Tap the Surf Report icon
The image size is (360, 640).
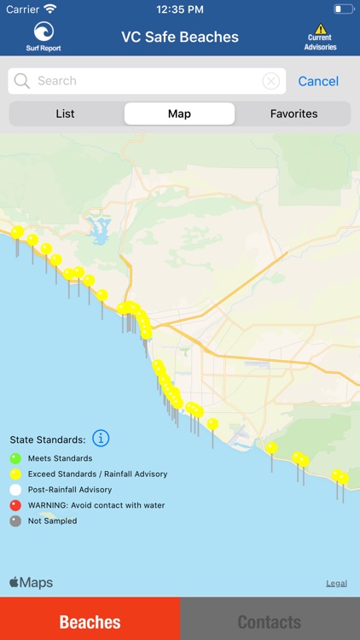click(44, 32)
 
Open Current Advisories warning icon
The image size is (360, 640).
click(321, 30)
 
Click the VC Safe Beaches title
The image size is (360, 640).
click(180, 37)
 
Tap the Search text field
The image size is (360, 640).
click(145, 81)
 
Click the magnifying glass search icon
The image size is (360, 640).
click(22, 81)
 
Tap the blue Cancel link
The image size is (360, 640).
click(318, 81)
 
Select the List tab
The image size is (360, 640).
click(66, 113)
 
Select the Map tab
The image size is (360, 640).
click(179, 113)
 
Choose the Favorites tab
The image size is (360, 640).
click(293, 113)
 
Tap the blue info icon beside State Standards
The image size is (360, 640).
click(101, 439)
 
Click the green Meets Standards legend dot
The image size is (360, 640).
click(15, 458)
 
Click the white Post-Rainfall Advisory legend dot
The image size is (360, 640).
click(15, 490)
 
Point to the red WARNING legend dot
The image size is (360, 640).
click(15, 505)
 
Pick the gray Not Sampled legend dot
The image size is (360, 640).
click(15, 521)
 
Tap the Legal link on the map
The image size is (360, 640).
click(336, 584)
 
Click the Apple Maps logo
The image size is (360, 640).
click(32, 583)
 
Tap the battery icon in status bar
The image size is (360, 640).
click(343, 9)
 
